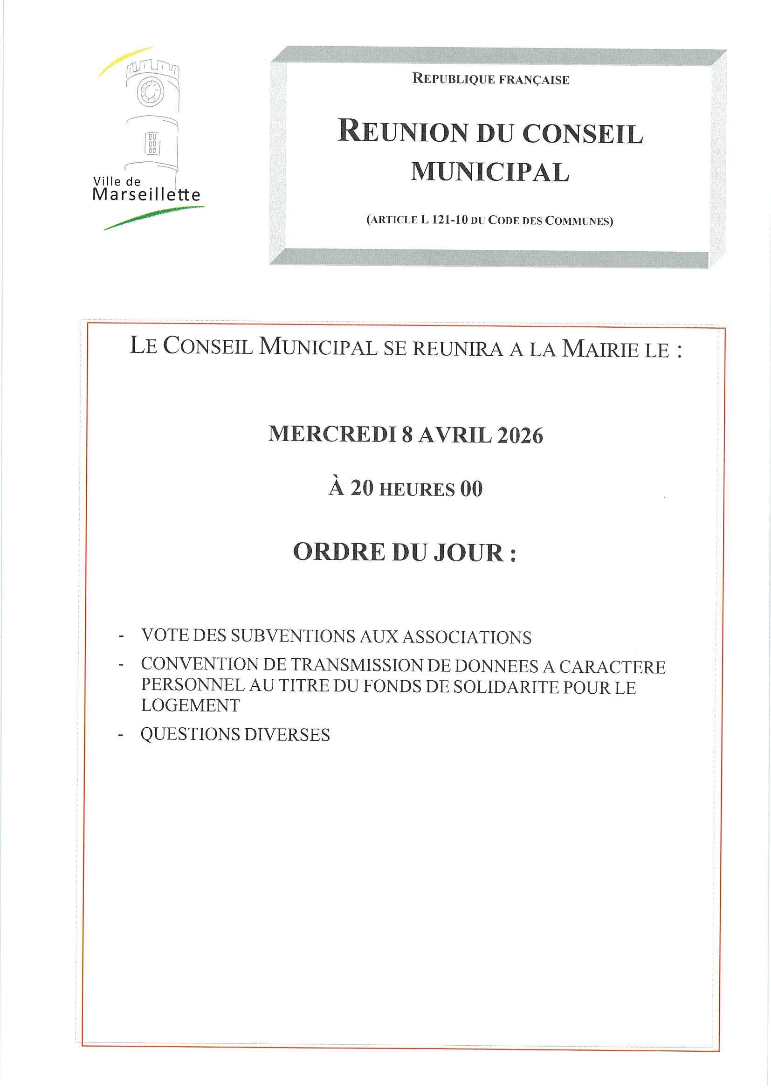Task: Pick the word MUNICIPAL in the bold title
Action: click(x=489, y=172)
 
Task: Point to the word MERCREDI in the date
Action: click(x=332, y=435)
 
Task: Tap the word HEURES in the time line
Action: click(x=417, y=490)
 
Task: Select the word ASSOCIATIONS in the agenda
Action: click(x=467, y=637)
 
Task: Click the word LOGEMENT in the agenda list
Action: click(x=190, y=705)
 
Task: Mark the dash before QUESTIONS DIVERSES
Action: click(x=121, y=735)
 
